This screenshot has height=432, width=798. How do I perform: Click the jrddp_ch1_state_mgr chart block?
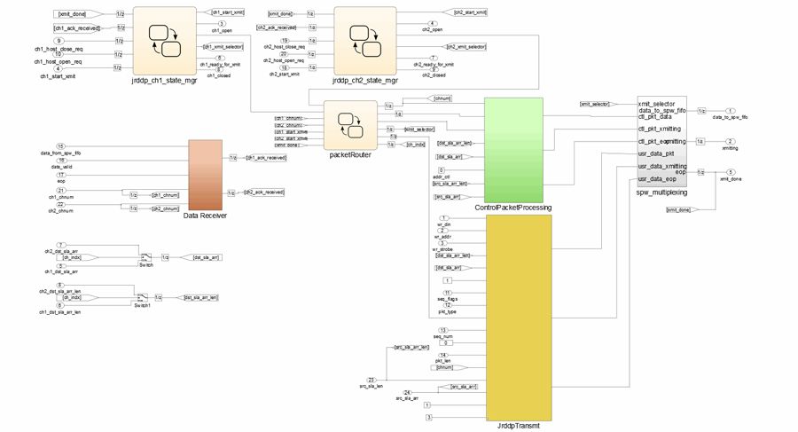point(164,39)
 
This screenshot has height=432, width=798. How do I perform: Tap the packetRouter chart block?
point(350,127)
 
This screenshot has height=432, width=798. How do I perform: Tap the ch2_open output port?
point(431,24)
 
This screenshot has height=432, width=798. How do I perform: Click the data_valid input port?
point(60,160)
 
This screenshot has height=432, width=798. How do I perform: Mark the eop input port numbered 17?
point(60,175)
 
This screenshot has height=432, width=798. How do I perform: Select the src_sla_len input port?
point(372,380)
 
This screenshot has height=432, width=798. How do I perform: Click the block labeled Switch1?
point(141,297)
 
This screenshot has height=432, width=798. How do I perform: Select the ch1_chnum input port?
point(60,191)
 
